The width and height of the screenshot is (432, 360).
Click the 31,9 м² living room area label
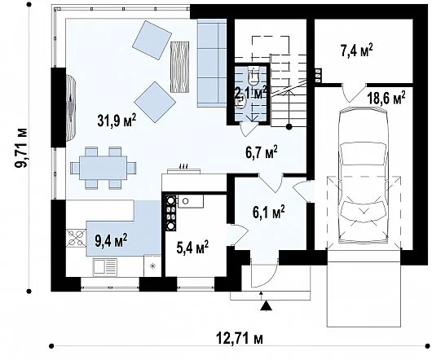tap(117, 121)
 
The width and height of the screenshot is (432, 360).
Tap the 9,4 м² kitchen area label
tap(111, 240)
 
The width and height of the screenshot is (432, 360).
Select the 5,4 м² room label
tap(192, 248)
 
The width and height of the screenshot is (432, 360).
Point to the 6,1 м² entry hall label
tap(269, 213)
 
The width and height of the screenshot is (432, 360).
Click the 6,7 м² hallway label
tap(262, 152)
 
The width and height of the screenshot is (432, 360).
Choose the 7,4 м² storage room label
tap(357, 50)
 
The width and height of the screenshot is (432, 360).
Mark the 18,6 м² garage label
tap(386, 98)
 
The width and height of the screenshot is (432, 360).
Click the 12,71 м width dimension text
tap(239, 338)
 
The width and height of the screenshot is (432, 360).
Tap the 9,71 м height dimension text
tap(21, 147)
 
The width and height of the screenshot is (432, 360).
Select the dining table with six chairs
tap(104, 168)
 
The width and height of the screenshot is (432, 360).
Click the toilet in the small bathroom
tap(253, 75)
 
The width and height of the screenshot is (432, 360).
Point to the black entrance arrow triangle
tap(267, 305)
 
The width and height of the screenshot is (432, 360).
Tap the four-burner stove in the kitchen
tap(76, 238)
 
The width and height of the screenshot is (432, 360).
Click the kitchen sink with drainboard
tap(105, 266)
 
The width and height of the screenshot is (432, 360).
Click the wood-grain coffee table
tap(180, 67)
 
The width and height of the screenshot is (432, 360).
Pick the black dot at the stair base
tap(289, 126)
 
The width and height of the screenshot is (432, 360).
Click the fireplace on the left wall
tap(71, 108)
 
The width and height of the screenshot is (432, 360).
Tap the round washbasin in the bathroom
tap(240, 103)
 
